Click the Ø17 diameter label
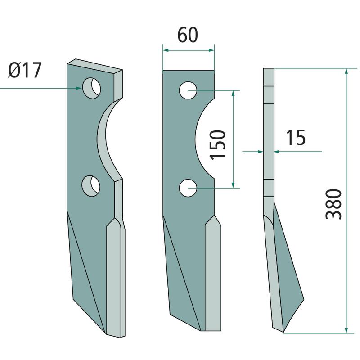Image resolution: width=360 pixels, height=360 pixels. (25, 70)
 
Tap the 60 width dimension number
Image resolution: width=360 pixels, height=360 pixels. (188, 35)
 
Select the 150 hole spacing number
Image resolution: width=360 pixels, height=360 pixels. (218, 144)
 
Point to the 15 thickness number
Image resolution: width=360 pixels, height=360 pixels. (296, 138)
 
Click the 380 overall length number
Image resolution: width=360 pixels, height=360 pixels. (333, 204)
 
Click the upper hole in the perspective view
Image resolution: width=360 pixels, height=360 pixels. (92, 88)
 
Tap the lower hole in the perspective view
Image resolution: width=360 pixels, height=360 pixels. (91, 186)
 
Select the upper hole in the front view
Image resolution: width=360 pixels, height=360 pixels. (188, 90)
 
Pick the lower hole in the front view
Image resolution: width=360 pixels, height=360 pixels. (188, 188)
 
